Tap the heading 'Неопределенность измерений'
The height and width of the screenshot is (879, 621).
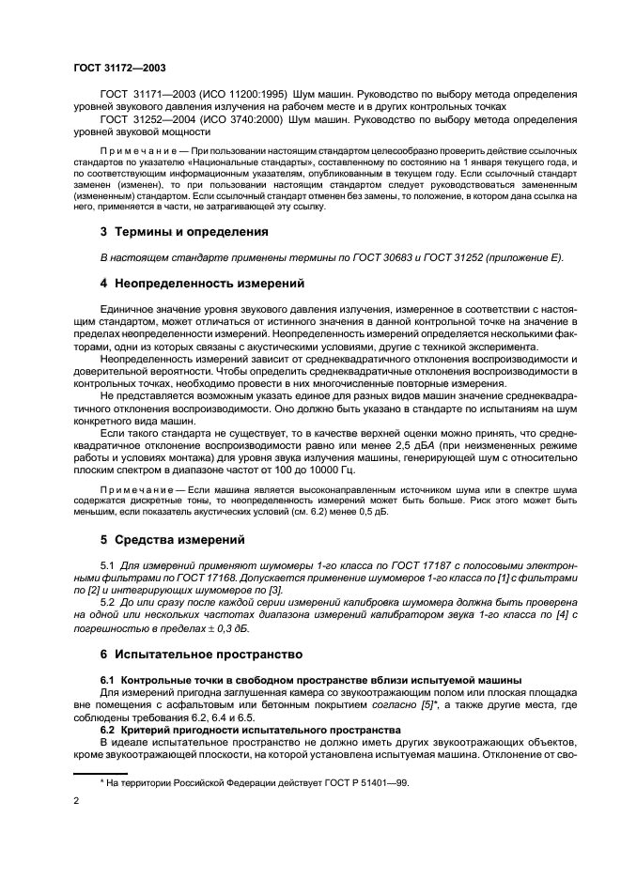pyautogui.click(x=194, y=283)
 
